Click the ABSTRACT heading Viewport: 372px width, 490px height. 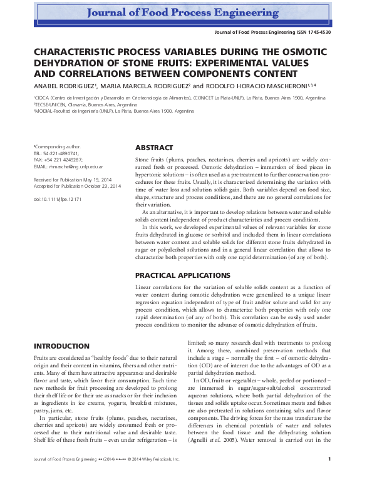(x=154, y=148)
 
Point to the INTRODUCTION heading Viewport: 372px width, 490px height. (x=61, y=346)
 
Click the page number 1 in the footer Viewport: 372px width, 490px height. (x=337, y=477)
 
